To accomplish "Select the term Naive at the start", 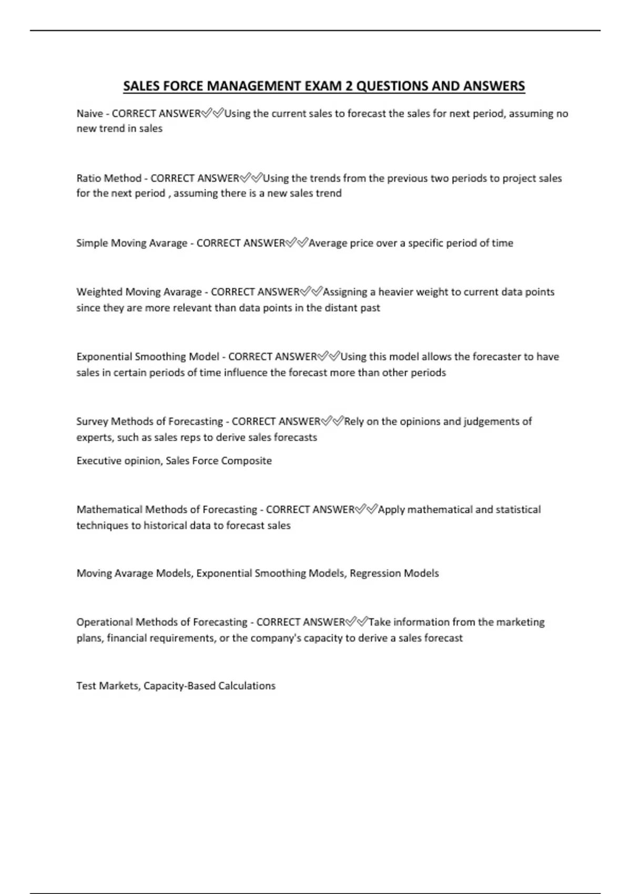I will pyautogui.click(x=89, y=114).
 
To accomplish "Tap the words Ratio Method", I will pyautogui.click(x=109, y=178).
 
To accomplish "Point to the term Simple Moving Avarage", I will pyautogui.click(x=131, y=243).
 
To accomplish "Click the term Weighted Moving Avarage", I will pyautogui.click(x=139, y=292).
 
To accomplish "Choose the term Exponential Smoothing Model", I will pyautogui.click(x=148, y=357).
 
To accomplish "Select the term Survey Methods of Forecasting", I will pyautogui.click(x=149, y=421).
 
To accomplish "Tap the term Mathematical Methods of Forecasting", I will pyautogui.click(x=167, y=510).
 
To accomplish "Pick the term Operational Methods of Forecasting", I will pyautogui.click(x=161, y=622).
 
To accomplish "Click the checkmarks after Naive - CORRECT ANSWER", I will pyautogui.click(x=212, y=113).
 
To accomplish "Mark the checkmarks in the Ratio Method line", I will pyautogui.click(x=251, y=178).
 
